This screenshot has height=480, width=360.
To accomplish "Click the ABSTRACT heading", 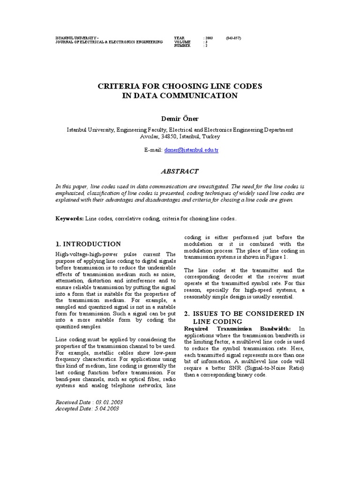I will pyautogui.click(x=180, y=172).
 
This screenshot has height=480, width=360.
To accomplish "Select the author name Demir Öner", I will pyautogui.click(x=180, y=119).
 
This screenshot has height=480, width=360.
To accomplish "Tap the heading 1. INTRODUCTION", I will pyautogui.click(x=88, y=244).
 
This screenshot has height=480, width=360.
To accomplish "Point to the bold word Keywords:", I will pyautogui.click(x=70, y=218).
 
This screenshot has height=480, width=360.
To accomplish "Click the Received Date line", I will pyautogui.click(x=89, y=402).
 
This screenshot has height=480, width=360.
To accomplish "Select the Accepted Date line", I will pyautogui.click(x=87, y=409).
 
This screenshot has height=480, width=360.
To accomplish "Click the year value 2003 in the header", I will pyautogui.click(x=209, y=37).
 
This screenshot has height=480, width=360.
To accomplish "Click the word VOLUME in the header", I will pyautogui.click(x=182, y=42).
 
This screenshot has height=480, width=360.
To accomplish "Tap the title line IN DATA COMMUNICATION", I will pyautogui.click(x=180, y=96).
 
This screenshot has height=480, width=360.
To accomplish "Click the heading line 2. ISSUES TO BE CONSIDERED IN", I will pyautogui.click(x=244, y=314).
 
